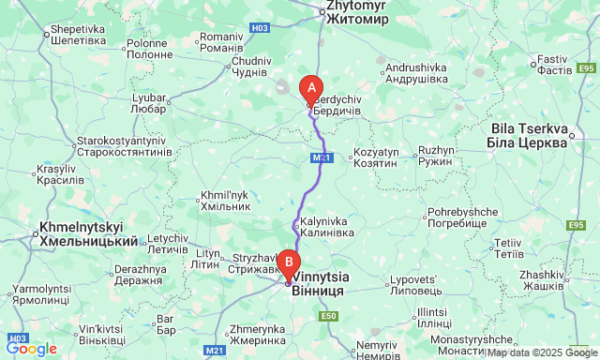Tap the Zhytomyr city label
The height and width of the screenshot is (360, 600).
click(x=355, y=12)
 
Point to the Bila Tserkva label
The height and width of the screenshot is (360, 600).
click(x=528, y=135)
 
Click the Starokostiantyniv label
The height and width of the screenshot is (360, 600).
click(x=123, y=145)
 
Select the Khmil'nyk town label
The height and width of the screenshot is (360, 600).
click(x=225, y=201)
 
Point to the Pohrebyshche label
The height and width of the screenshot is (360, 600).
click(x=457, y=218)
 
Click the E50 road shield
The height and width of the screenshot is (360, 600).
click(x=327, y=316)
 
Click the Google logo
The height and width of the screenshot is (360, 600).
click(x=31, y=349)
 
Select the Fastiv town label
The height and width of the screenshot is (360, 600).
click(x=552, y=65)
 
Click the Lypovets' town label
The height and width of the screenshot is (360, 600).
click(x=413, y=286)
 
